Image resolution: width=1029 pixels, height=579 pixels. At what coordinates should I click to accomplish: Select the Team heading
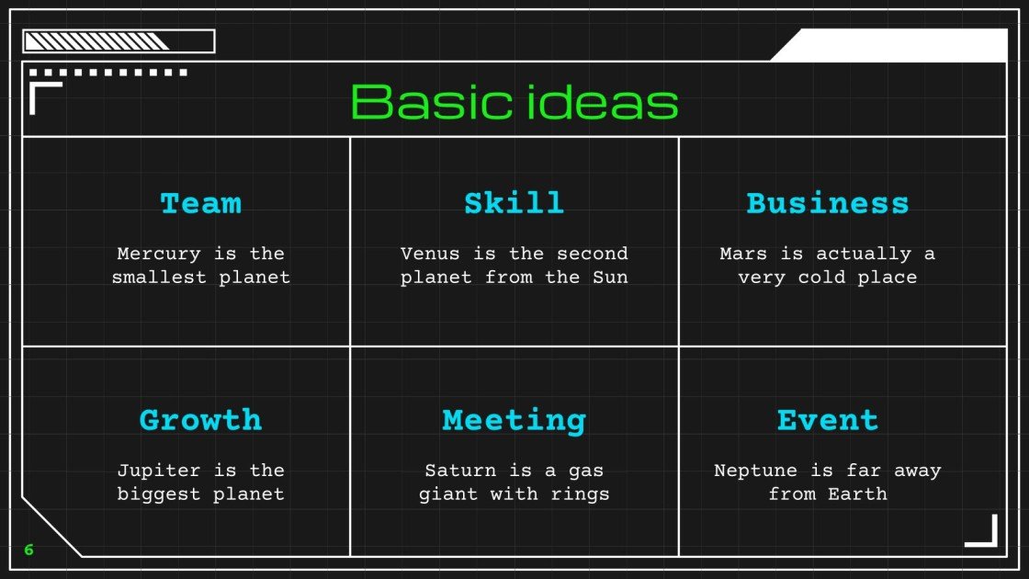(200, 203)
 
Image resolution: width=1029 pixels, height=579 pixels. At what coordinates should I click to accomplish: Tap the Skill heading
(514, 203)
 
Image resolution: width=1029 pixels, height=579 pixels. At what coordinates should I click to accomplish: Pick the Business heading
(827, 203)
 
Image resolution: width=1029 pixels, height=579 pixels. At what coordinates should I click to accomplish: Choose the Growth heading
(200, 420)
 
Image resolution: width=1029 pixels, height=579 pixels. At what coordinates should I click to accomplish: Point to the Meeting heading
(514, 420)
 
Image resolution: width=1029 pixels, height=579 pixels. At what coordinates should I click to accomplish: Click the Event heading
(827, 420)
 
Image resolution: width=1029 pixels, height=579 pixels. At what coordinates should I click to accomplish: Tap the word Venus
(429, 254)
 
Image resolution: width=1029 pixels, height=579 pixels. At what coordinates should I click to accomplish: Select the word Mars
(742, 254)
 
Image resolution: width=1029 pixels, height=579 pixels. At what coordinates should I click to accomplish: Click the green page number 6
(28, 551)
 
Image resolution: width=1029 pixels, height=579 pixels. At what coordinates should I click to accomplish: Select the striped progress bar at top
(118, 41)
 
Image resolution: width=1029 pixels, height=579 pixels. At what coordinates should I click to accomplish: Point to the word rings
(582, 494)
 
